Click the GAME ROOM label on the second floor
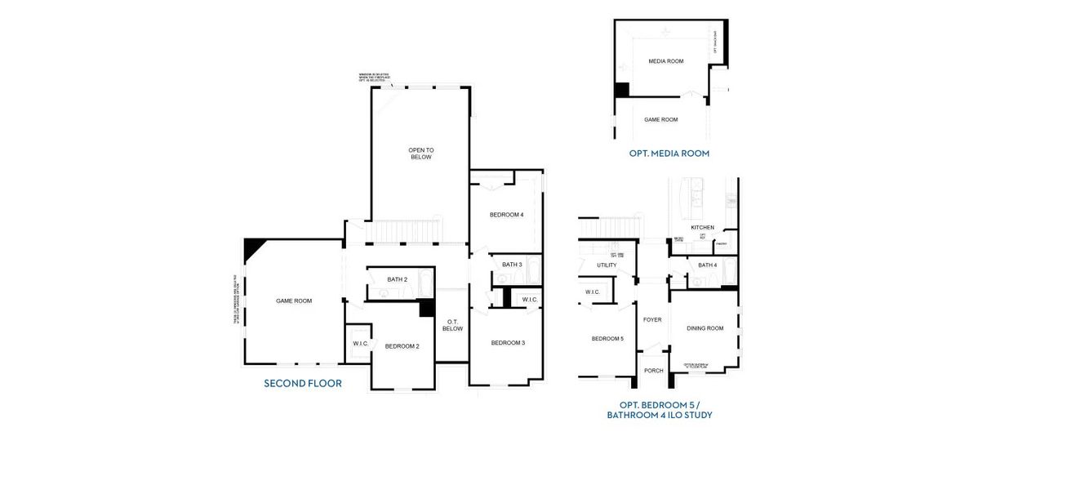[294, 301]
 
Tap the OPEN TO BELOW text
[421, 154]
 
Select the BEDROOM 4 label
[506, 215]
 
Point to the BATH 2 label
[397, 279]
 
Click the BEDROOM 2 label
[402, 346]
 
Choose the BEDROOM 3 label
[508, 342]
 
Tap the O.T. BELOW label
[452, 325]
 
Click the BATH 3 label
[512, 265]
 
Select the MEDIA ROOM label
[666, 61]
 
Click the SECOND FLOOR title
[303, 383]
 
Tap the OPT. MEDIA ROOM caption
[669, 153]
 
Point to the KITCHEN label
[702, 227]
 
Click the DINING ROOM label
[705, 328]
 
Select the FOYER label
[652, 319]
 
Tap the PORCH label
[654, 370]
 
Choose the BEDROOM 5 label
[607, 338]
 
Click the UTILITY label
[607, 265]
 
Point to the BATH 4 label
[707, 265]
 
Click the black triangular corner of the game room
[252, 246]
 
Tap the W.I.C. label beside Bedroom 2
[361, 344]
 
